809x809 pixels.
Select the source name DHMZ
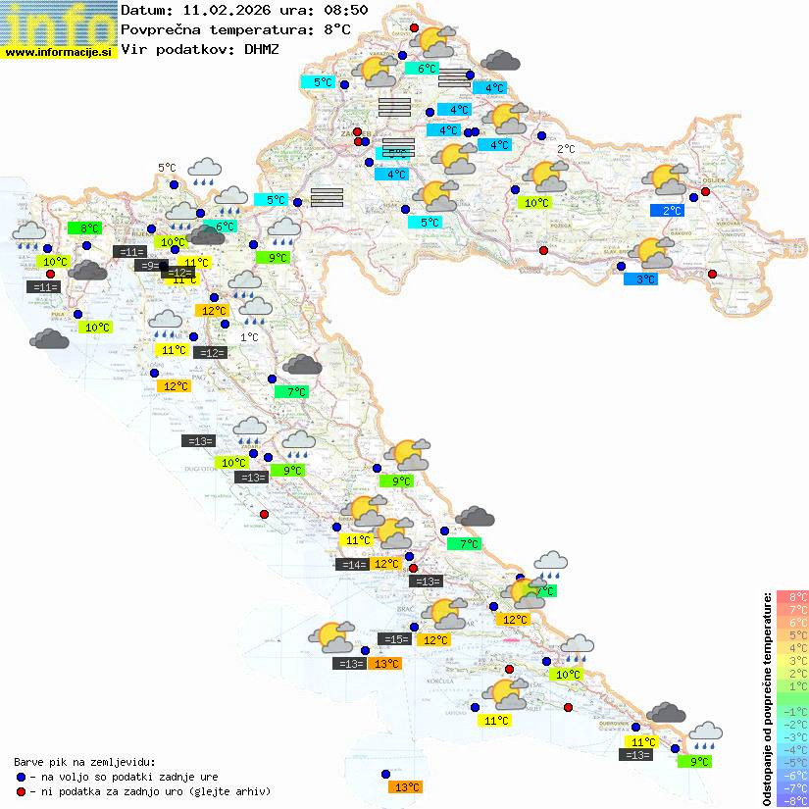click(262, 48)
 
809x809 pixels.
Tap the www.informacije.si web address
click(59, 51)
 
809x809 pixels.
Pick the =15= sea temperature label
click(394, 639)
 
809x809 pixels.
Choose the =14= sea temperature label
click(352, 564)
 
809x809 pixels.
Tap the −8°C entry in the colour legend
click(791, 800)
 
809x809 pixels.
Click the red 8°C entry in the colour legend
click(791, 596)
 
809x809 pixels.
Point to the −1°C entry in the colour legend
click(791, 711)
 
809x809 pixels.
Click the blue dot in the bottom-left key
click(22, 776)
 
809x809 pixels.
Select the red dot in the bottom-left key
click(22, 790)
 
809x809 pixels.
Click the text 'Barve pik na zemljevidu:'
click(84, 761)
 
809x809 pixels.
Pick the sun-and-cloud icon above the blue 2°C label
click(666, 179)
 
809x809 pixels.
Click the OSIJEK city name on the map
click(709, 181)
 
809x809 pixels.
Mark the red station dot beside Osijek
click(705, 192)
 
